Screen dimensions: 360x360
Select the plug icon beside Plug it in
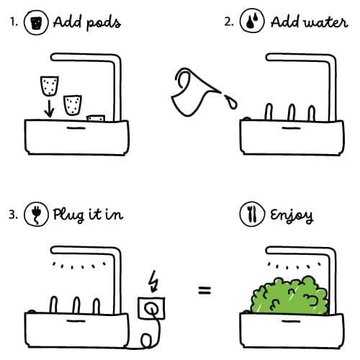coord(34,215)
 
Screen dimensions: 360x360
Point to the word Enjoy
coord(292,215)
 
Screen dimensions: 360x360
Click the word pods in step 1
coord(103,22)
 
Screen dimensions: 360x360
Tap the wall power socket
coord(151,307)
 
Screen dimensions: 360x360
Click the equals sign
coord(204,292)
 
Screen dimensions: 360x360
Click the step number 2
coord(229,22)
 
